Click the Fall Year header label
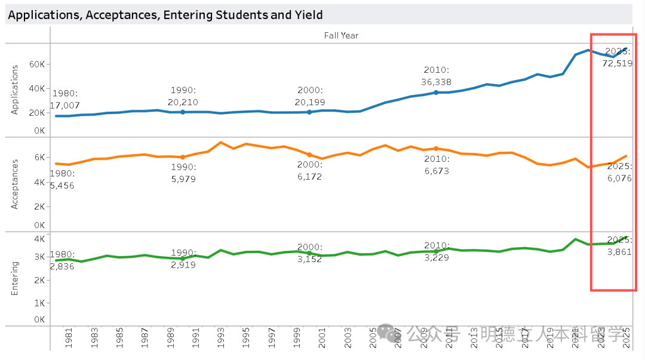pos(341,35)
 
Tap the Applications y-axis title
pos(16,90)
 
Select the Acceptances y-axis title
pos(16,184)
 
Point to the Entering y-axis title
pos(16,278)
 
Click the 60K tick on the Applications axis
pos(37,64)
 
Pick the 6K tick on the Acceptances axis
pos(40,158)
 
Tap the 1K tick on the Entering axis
pos(40,303)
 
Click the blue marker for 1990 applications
pos(183,112)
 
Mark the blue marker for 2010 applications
pos(436,93)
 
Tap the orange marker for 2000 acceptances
pos(309,155)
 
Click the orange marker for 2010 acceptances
pos(436,149)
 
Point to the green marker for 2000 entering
pos(309,253)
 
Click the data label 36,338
pos(436,82)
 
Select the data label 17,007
pos(65,106)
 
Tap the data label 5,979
pos(183,179)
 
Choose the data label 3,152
pos(309,259)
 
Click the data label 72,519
pos(618,63)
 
